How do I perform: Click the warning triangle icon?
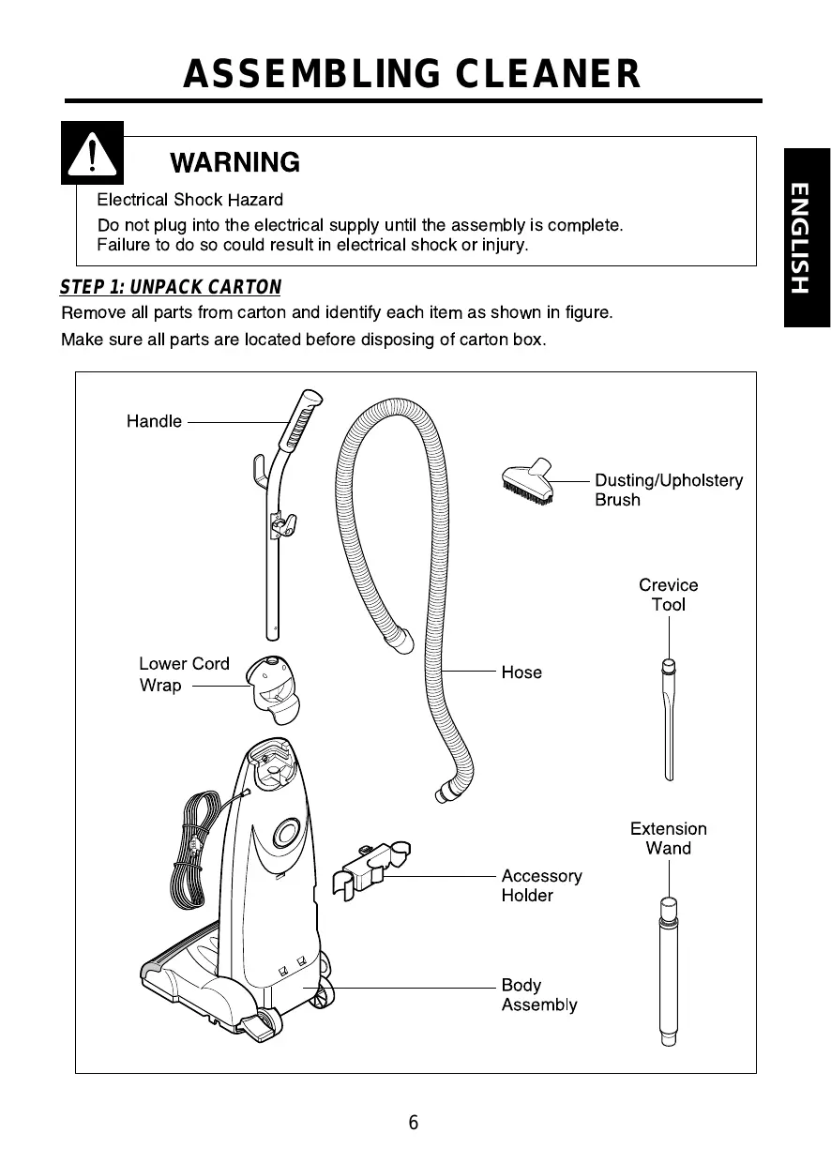click(91, 153)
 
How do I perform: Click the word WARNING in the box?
click(234, 163)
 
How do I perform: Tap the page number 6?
click(414, 1124)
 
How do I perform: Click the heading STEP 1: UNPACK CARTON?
click(170, 287)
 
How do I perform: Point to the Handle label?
click(154, 421)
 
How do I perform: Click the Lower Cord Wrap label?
click(184, 674)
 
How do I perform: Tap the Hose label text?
click(521, 672)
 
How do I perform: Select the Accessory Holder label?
click(541, 885)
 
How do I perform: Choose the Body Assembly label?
click(538, 995)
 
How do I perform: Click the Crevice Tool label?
click(668, 595)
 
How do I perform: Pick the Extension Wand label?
click(668, 838)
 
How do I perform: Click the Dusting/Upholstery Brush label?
click(668, 490)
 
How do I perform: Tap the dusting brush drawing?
click(528, 482)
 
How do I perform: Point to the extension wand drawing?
click(668, 971)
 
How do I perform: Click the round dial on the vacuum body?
click(287, 832)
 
